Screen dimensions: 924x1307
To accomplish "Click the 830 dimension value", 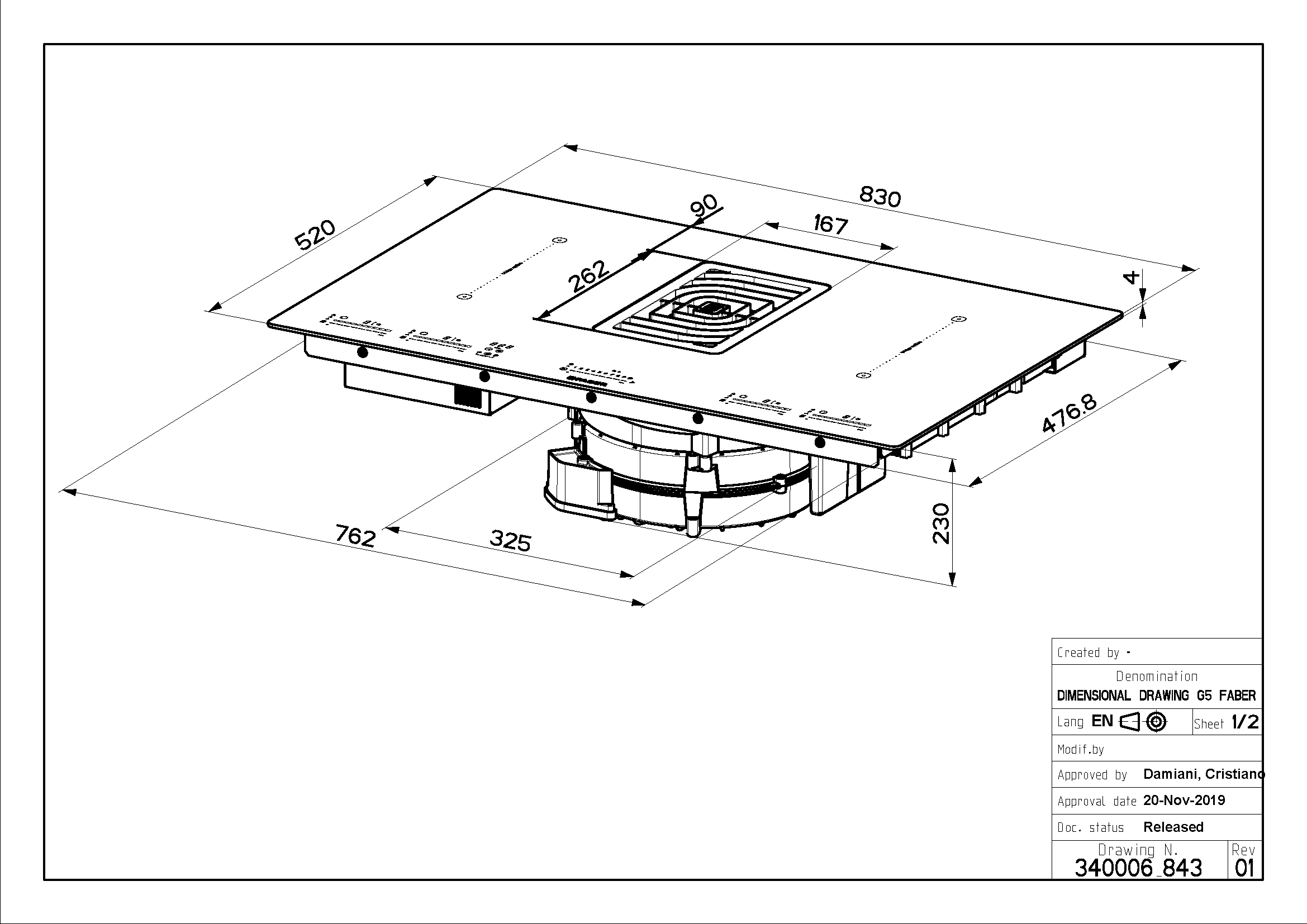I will coord(880,196).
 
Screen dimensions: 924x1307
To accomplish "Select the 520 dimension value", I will coord(315,235).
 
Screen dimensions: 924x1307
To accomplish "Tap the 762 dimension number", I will coord(356,536).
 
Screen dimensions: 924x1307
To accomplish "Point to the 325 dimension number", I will coord(511,541).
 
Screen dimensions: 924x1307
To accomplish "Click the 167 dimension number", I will coord(830,224).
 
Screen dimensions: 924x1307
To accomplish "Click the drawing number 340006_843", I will coord(1138,868).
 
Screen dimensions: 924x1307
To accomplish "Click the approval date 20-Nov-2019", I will coord(1184,801).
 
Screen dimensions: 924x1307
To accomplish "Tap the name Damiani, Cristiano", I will coord(1204,774).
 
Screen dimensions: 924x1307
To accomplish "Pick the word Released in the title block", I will coord(1173,827).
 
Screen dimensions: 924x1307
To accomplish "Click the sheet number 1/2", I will coord(1245,722).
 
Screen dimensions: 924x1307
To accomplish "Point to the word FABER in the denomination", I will coord(1237,696).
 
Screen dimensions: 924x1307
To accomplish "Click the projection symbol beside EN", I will coord(1143,722).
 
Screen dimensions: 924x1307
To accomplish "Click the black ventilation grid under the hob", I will coord(467,397).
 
